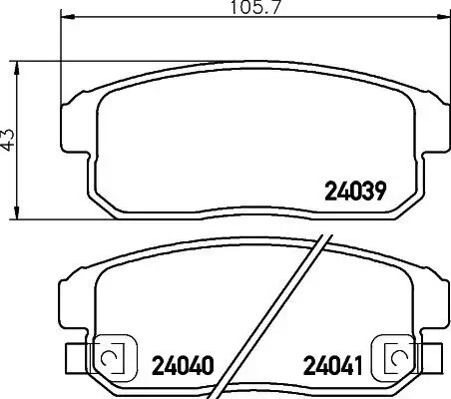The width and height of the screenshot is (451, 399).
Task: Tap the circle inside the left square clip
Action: [110, 356]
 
